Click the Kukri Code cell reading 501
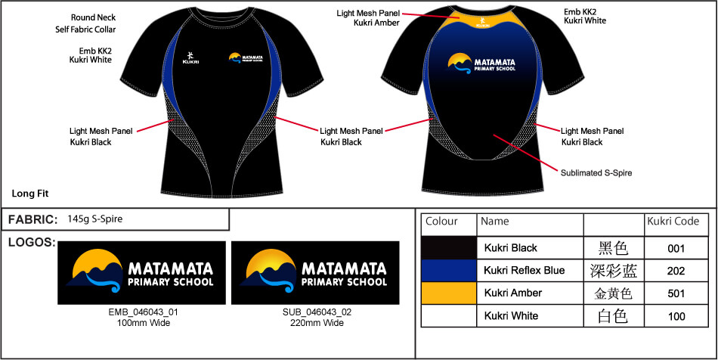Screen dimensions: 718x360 click(x=676, y=293)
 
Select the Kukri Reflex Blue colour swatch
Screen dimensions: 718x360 click(x=449, y=271)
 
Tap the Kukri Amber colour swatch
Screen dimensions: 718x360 click(x=449, y=293)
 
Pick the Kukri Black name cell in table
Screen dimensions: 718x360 click(x=511, y=248)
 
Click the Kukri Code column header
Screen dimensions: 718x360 click(x=673, y=222)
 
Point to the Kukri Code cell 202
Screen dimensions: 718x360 click(x=676, y=271)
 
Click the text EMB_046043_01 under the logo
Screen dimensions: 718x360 click(x=143, y=312)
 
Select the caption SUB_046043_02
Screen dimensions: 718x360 click(x=317, y=312)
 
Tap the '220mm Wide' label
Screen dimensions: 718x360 click(x=317, y=323)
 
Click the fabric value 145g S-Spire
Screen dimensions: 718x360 click(x=94, y=219)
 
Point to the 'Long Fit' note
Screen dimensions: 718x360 click(x=30, y=194)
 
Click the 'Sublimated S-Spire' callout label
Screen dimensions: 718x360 click(x=596, y=173)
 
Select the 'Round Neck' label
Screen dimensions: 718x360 click(x=94, y=18)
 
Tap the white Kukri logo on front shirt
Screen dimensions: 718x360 click(x=190, y=57)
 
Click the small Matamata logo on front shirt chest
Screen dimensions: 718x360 click(x=245, y=58)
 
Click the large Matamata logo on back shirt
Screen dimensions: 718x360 click(x=481, y=64)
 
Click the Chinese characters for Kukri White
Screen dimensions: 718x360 click(x=613, y=316)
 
